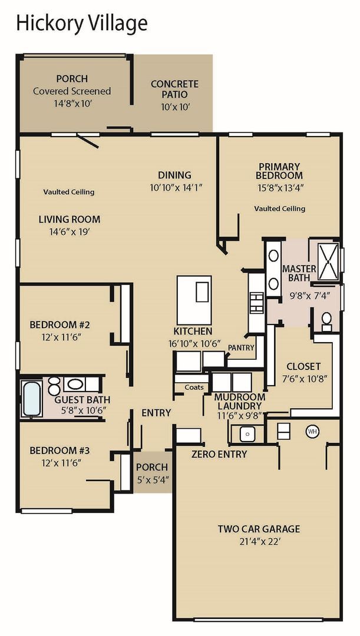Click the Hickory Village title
81,23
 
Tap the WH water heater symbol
312,432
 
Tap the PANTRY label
241,348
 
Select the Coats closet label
194,387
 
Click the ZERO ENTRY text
219,454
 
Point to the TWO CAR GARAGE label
259,528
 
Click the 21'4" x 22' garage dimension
259,541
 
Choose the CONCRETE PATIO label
174,89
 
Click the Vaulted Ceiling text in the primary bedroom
280,208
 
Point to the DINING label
174,175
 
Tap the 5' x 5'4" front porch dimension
152,479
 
